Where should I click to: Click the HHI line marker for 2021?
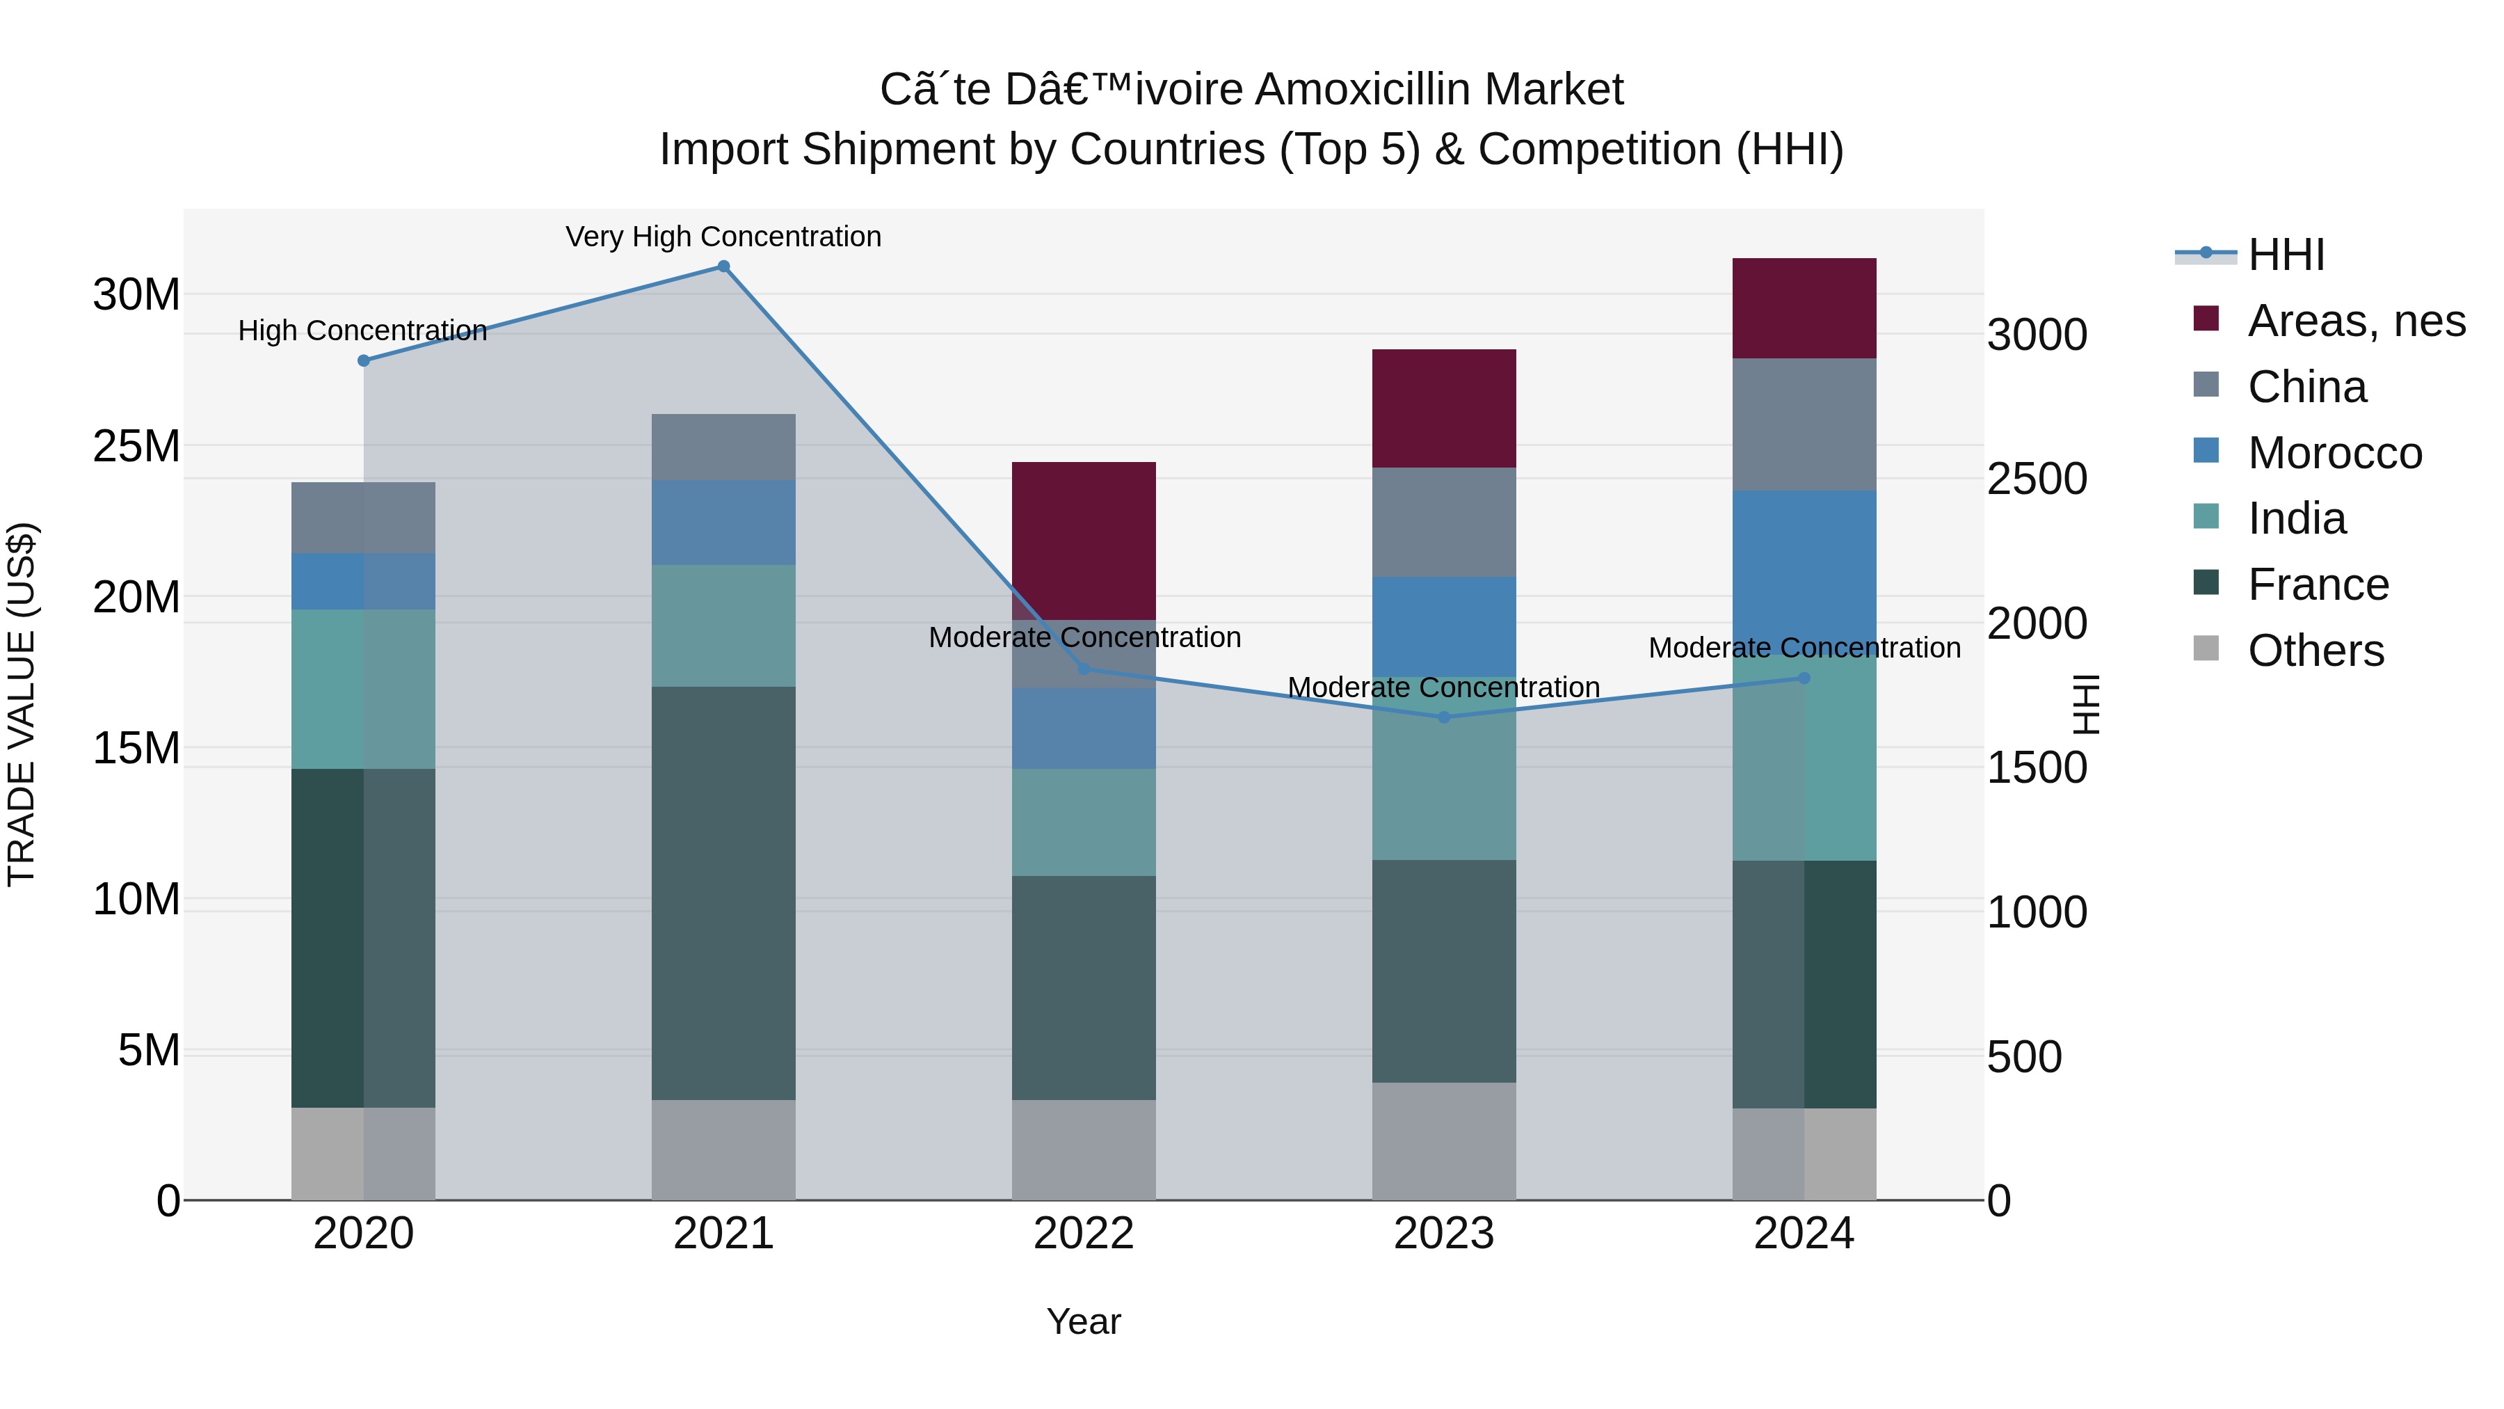coord(723,266)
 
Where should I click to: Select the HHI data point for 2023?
coord(1443,717)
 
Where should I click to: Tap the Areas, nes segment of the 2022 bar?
coord(1084,541)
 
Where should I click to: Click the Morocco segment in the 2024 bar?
coord(1804,572)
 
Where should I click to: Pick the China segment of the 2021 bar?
coord(723,446)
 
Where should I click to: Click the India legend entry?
coord(2296,518)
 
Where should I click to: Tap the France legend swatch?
coord(2206,584)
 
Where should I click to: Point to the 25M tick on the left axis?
coord(136,446)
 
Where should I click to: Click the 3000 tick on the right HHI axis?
coord(2037,335)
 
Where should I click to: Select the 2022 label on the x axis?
coord(1084,1234)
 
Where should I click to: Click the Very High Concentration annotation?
coord(723,237)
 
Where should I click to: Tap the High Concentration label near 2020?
coord(362,331)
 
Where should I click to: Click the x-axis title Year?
coord(1084,1321)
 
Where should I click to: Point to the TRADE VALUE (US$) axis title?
coord(22,704)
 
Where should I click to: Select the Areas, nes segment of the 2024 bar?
coord(1804,308)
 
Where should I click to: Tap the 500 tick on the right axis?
coord(2024,1057)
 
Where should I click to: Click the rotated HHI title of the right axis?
coord(2086,704)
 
